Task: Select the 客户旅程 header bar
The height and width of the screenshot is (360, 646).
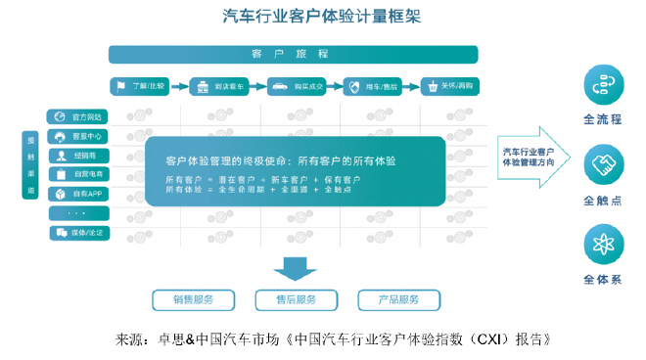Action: [x=293, y=55]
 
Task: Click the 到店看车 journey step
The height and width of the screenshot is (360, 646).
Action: [x=218, y=86]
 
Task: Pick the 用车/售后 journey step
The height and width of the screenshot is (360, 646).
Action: [x=372, y=86]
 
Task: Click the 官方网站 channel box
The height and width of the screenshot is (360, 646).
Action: [x=78, y=116]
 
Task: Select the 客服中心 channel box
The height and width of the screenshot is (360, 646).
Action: [x=78, y=136]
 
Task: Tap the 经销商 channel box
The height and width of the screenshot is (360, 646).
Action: [x=78, y=156]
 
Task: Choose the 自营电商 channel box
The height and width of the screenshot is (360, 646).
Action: [x=78, y=174]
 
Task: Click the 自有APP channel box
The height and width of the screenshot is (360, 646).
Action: [x=78, y=194]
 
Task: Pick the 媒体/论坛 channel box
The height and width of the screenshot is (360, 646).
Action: [x=78, y=233]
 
